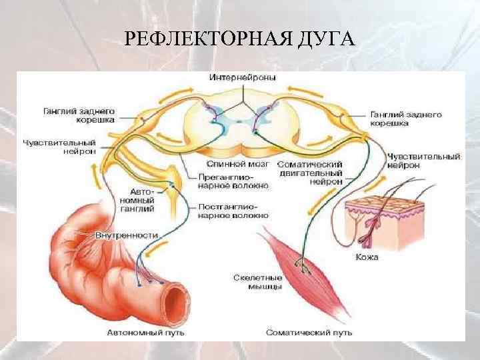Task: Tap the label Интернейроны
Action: point(243,77)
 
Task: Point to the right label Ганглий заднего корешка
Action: point(405,119)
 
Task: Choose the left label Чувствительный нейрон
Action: point(59,146)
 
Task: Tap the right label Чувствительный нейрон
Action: point(424,161)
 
